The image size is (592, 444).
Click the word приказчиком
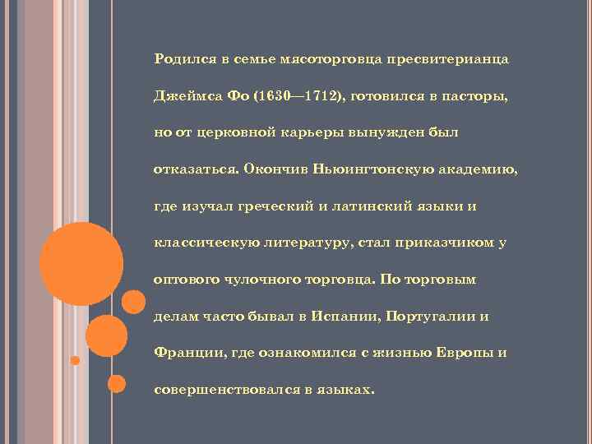point(444,243)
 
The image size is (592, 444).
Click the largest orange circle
point(81,262)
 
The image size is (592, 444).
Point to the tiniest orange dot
point(75,360)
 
